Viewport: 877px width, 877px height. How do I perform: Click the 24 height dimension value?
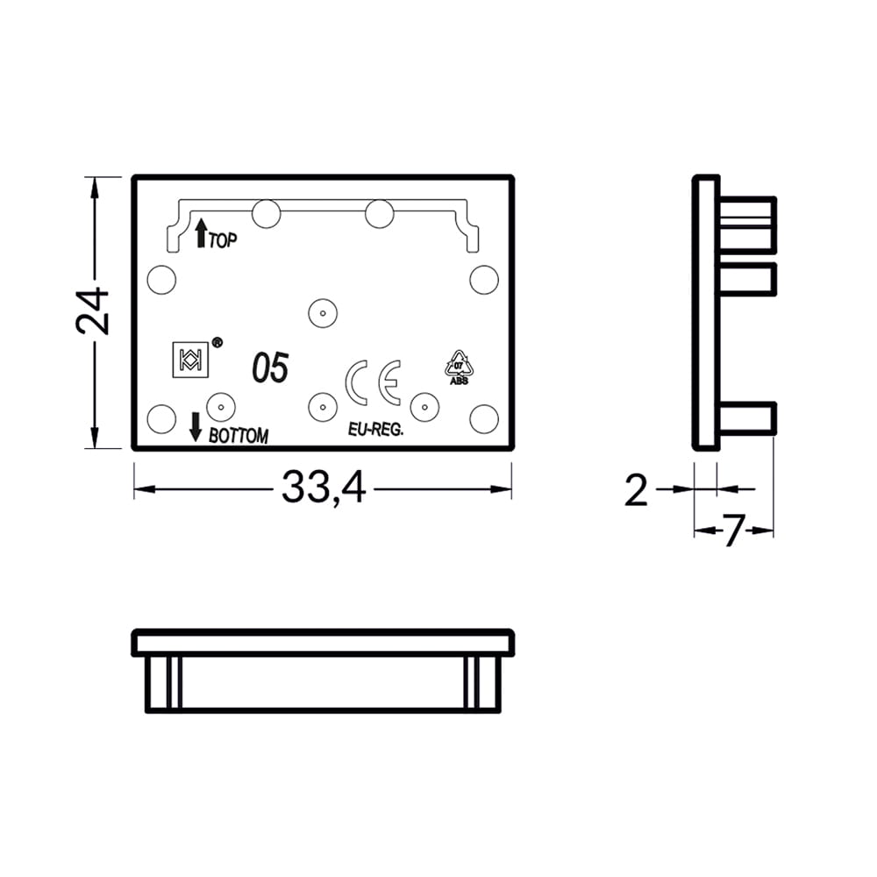[x=93, y=311]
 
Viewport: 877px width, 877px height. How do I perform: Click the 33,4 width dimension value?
[x=324, y=488]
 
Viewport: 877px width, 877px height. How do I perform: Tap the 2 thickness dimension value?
[x=636, y=490]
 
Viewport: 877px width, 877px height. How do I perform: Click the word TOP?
[x=223, y=240]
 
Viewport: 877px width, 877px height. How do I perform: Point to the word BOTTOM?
[x=239, y=435]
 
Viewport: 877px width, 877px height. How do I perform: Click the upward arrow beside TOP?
[x=200, y=233]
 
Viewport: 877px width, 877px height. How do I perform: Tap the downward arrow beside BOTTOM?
[x=196, y=427]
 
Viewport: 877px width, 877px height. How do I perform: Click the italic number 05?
[x=271, y=368]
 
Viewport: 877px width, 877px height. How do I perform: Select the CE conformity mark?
[x=373, y=382]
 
